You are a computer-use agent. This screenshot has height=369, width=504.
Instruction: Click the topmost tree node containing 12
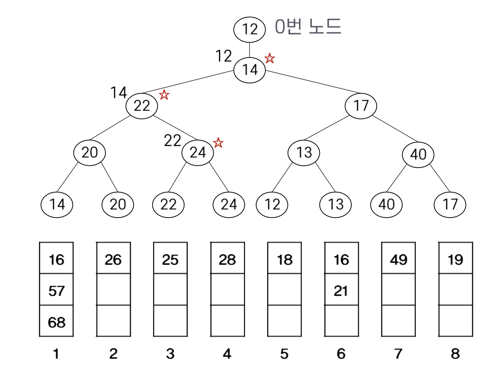249,29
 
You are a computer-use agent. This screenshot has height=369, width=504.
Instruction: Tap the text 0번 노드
308,27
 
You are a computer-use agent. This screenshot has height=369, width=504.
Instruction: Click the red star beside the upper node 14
270,58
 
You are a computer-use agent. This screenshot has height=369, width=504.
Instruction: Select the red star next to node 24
218,143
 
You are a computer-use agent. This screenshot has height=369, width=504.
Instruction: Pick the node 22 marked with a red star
142,106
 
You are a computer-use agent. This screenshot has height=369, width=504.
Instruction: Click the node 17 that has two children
361,106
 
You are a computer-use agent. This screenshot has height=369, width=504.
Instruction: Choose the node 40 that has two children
418,154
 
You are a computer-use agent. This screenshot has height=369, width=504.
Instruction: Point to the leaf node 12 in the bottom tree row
272,204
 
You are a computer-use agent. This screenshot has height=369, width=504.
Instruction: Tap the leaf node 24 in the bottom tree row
229,204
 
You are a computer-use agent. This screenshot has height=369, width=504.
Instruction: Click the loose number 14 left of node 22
119,92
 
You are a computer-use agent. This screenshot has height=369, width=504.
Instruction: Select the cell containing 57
56,290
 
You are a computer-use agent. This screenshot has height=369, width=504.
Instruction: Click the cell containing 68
56,321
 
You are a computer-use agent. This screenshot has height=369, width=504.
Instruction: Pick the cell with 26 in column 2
113,259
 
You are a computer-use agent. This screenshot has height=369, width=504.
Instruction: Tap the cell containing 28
227,259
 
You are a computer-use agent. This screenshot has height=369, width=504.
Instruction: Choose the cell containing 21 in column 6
341,290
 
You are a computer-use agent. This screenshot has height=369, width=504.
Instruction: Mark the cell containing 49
398,259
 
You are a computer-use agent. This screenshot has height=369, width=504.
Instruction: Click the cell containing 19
455,259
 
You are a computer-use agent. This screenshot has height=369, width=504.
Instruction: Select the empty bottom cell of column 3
170,321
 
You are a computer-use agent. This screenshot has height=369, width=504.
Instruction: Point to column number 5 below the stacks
284,353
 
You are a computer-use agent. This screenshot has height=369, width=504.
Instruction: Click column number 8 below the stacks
455,353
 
